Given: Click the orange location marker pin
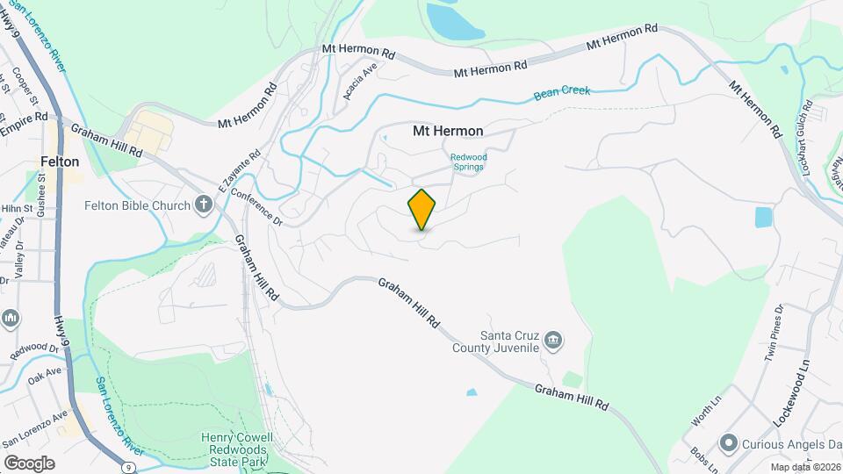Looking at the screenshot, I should [421, 209].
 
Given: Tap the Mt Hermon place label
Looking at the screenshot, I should [448, 131].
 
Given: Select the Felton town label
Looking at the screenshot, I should [60, 162].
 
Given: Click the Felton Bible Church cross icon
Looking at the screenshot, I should [204, 206].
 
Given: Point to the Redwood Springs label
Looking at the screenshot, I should [467, 162].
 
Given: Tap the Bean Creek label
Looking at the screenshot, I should [561, 91].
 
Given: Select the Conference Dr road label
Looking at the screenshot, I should [258, 209].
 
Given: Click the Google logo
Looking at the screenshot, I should [29, 463].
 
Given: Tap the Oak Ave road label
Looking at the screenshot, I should [45, 376].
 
